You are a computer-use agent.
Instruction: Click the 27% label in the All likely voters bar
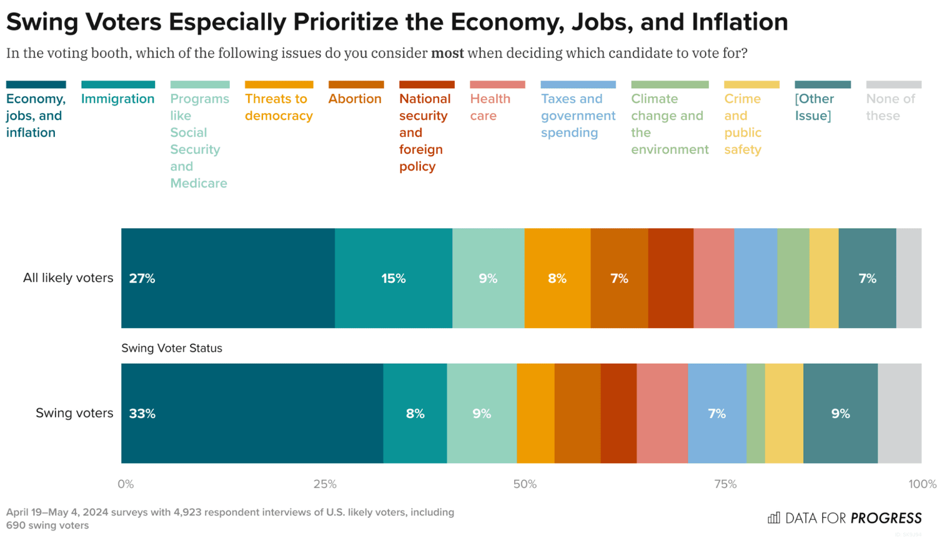(142, 279)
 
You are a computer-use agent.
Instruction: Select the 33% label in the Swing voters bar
(142, 414)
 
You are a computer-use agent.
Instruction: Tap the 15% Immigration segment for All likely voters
(394, 279)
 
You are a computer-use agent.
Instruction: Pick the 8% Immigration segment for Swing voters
(415, 414)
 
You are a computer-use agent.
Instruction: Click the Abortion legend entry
(355, 99)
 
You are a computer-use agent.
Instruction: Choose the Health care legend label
(490, 107)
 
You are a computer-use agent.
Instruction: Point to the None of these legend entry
(890, 107)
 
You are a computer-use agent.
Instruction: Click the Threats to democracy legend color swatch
(279, 84)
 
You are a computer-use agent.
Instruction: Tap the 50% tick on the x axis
(525, 484)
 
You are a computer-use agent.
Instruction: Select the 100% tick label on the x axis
(922, 484)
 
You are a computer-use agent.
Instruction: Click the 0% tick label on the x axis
(126, 484)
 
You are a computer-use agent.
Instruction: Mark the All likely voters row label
(68, 278)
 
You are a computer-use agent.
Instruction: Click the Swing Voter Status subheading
(172, 348)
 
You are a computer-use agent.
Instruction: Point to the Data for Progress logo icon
(774, 517)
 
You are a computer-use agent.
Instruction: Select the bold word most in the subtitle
(447, 53)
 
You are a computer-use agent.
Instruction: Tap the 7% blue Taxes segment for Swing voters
(716, 414)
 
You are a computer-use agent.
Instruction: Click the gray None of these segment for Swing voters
(900, 414)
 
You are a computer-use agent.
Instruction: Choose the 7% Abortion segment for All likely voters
(619, 279)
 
